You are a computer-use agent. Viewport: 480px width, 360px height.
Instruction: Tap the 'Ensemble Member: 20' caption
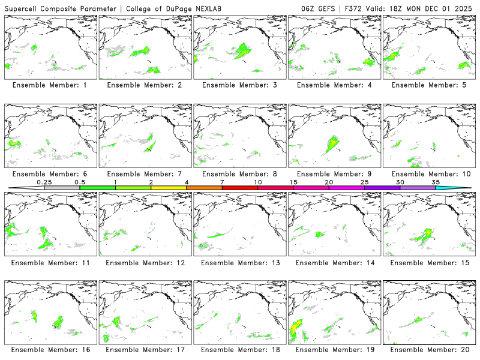(x=430, y=350)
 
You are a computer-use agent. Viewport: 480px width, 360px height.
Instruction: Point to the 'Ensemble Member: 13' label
(x=240, y=262)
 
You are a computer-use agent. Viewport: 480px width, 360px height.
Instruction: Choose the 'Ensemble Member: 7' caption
(x=145, y=174)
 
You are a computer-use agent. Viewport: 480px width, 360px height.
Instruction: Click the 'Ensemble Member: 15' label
(x=430, y=262)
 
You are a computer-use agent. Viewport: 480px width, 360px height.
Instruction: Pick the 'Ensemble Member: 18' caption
(x=240, y=350)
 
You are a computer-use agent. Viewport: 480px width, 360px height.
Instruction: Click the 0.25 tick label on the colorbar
(x=44, y=182)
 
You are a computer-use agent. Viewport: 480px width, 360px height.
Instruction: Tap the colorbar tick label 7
(x=222, y=182)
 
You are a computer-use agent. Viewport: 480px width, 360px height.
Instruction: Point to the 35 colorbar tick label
(x=436, y=182)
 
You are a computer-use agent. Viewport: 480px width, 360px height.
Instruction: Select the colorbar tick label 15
(x=293, y=182)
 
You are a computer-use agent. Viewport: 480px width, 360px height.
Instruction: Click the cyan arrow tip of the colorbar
(x=462, y=188)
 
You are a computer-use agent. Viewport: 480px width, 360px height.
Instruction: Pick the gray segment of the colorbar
(x=62, y=188)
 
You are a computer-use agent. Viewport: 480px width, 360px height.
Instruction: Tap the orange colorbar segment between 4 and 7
(x=204, y=188)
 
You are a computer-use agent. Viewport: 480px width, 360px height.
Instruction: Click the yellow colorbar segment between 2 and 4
(x=169, y=188)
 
